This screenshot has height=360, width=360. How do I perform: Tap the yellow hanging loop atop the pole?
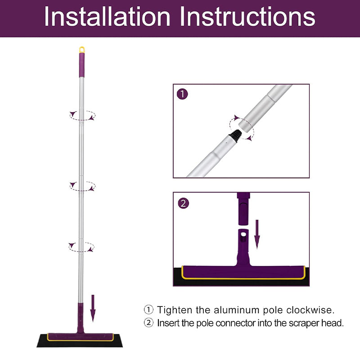click(82, 49)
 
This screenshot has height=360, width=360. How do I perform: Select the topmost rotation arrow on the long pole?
click(82, 115)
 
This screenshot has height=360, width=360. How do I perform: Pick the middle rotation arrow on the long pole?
click(82, 185)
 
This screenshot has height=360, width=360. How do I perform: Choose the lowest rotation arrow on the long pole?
click(82, 246)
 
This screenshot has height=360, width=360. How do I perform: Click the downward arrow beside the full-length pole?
click(93, 308)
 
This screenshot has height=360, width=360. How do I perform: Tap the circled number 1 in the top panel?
click(182, 94)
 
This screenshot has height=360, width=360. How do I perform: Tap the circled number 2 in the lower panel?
click(182, 203)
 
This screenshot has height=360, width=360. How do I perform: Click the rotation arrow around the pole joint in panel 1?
click(242, 127)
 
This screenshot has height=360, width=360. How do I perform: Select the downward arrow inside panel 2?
click(257, 234)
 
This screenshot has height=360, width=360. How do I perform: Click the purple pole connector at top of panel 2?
click(242, 209)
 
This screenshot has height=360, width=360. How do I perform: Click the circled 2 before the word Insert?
click(148, 323)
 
